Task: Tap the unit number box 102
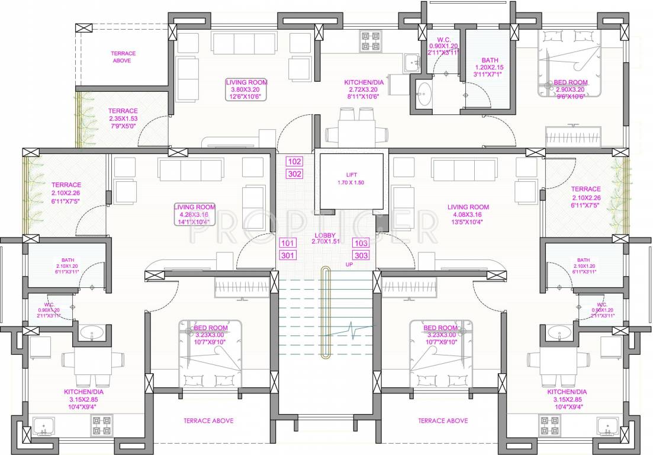[294, 161]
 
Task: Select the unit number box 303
[361, 255]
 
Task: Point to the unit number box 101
[288, 243]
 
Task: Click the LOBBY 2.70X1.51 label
[325, 239]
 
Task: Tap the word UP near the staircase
[350, 264]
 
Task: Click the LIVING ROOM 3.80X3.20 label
[246, 89]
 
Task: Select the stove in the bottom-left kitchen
[101, 425]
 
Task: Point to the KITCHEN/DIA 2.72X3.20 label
[364, 89]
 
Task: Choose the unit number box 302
[294, 174]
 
